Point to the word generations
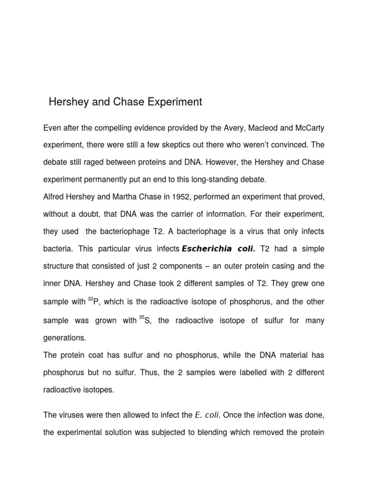point(65,337)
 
